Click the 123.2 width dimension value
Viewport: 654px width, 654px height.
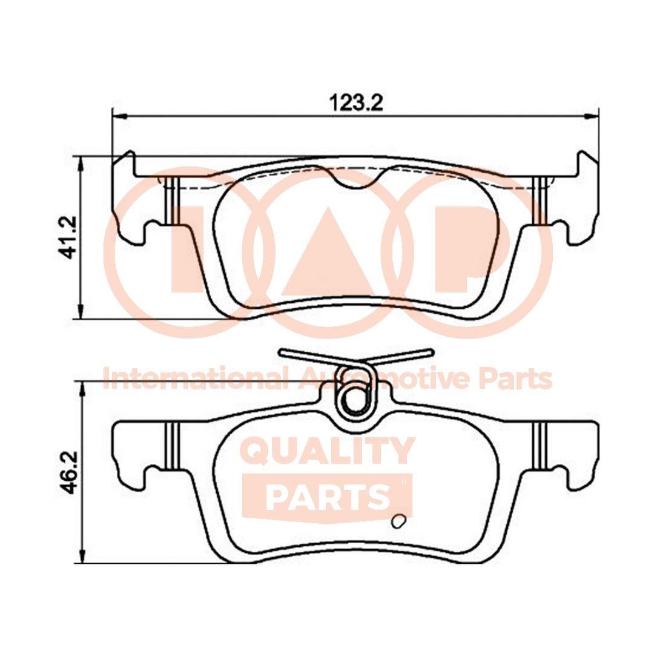(357, 102)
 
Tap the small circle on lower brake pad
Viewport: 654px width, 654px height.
(399, 521)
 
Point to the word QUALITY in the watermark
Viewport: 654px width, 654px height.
(328, 452)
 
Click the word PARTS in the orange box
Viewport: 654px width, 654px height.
(327, 497)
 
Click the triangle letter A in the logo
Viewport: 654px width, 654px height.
(328, 254)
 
